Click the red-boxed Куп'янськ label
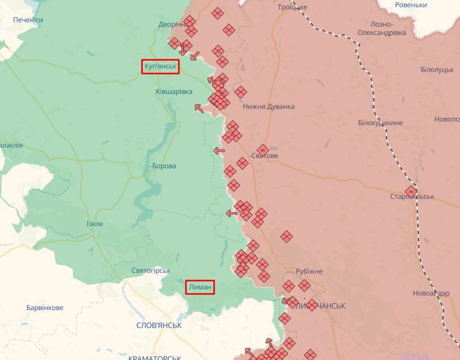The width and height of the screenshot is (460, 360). (x=160, y=67)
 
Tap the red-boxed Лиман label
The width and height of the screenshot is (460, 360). (x=200, y=287)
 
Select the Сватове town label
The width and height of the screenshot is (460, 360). (x=265, y=156)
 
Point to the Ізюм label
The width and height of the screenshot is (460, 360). (x=94, y=224)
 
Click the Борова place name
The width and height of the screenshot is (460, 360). (x=164, y=166)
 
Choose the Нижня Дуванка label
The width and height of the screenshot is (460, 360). (x=268, y=106)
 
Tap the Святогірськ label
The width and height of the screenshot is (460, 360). (x=151, y=271)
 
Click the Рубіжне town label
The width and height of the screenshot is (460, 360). (x=309, y=271)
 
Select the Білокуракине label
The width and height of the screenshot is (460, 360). (x=380, y=123)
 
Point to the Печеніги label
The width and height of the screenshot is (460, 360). (x=28, y=20)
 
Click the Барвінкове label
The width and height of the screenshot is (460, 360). (x=45, y=308)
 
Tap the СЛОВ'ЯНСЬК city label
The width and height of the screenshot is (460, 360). (x=159, y=325)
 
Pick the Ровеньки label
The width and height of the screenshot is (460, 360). (x=411, y=5)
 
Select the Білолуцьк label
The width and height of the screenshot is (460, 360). (x=437, y=69)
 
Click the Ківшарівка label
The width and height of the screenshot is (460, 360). (x=174, y=91)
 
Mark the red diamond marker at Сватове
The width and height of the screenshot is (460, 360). (x=263, y=149)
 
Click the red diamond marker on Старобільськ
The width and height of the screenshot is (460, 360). (x=411, y=191)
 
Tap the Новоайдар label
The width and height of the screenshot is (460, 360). (x=431, y=293)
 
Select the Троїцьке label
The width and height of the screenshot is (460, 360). (x=292, y=7)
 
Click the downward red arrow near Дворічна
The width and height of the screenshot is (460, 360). (x=182, y=50)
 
